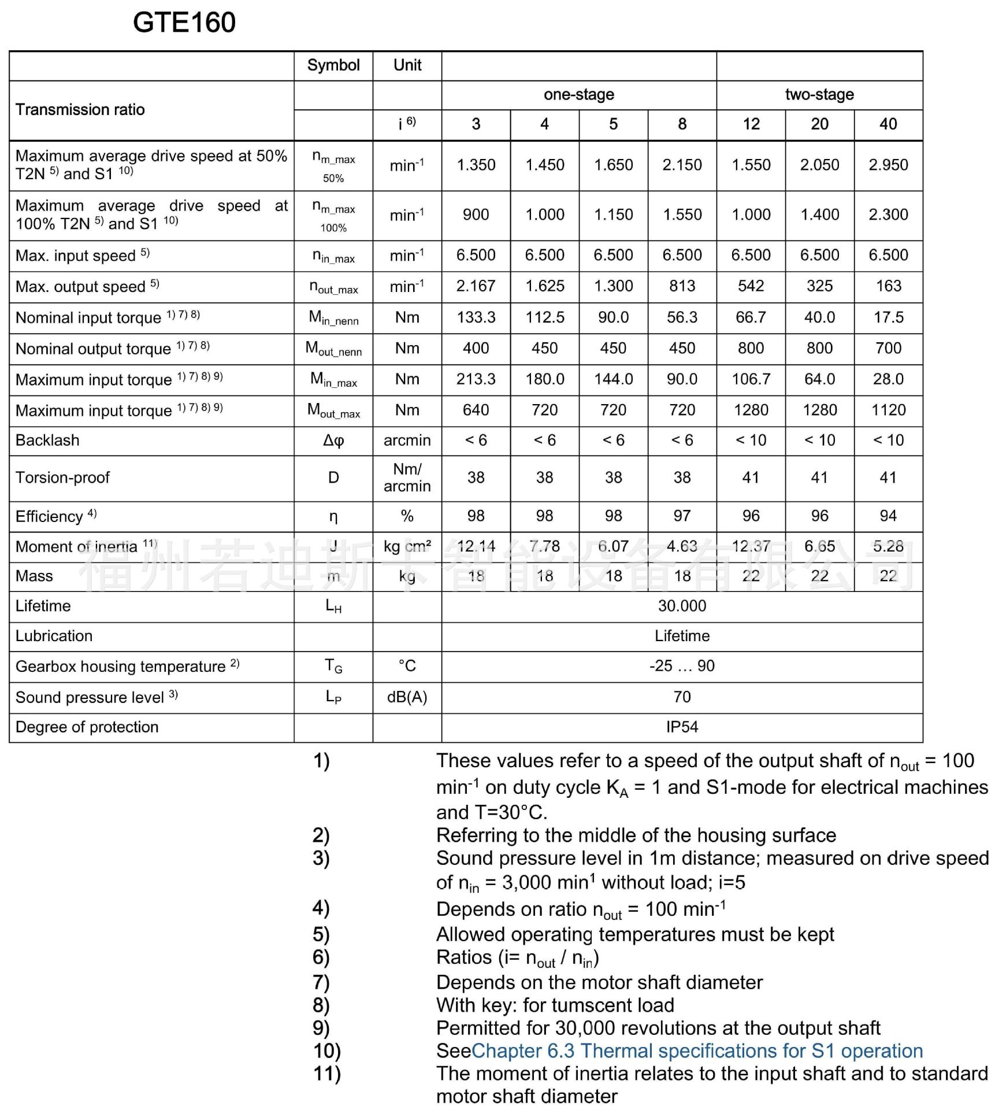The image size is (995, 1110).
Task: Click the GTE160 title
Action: [184, 23]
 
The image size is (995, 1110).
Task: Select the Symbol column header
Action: [333, 65]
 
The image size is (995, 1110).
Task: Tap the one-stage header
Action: [578, 95]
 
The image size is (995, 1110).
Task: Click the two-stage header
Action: [819, 95]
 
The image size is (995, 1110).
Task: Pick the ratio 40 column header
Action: [888, 124]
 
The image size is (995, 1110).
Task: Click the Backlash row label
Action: [47, 441]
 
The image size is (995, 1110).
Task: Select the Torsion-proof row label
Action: [62, 478]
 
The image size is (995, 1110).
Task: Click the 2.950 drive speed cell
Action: [888, 165]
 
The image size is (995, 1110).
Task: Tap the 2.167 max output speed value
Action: [476, 286]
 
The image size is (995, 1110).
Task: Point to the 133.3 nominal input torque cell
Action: [476, 317]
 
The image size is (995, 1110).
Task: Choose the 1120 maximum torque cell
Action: [888, 410]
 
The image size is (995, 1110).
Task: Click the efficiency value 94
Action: [888, 516]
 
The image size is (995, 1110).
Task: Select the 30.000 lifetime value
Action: [682, 606]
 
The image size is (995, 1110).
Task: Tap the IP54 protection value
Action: [682, 727]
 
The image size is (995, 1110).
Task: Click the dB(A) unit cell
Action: [407, 697]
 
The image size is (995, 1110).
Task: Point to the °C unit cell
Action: [407, 666]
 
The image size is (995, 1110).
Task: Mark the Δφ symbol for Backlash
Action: [333, 441]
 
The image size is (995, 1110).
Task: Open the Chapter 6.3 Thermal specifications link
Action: [697, 1050]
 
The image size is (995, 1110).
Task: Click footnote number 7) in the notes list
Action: [321, 982]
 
